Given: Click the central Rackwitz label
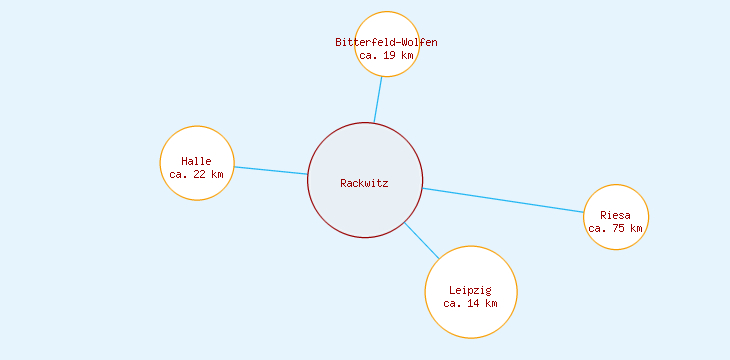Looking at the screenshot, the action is (364, 183).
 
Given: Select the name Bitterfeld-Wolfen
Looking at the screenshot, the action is (386, 42).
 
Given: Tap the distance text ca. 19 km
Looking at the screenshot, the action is (386, 56).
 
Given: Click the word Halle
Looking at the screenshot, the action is (197, 161).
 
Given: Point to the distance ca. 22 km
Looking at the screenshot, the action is (197, 174).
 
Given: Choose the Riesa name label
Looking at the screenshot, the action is (616, 215).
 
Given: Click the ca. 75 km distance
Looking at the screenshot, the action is (616, 228).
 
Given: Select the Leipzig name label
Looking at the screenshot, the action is (470, 290).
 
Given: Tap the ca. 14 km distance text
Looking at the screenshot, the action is (470, 303).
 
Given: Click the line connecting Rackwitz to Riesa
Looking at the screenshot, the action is (503, 200).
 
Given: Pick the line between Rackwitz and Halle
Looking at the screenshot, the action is (270, 170).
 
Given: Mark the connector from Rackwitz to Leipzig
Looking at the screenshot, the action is (421, 241).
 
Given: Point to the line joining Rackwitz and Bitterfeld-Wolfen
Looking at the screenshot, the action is (378, 100).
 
